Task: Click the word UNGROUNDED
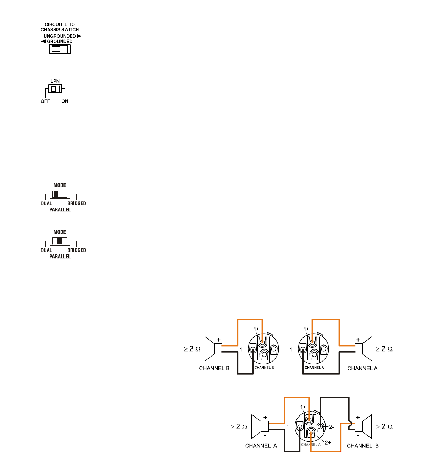pos(60,36)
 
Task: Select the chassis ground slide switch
pos(60,49)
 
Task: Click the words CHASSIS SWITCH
pos(60,29)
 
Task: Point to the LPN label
pos(55,81)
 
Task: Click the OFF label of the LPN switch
pos(45,101)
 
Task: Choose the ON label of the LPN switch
pos(65,101)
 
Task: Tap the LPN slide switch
pos(55,89)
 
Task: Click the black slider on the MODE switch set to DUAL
pos(55,194)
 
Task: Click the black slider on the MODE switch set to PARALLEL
pos(60,241)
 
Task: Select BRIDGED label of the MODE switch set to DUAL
pos(77,204)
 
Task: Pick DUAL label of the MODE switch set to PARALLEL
pos(46,250)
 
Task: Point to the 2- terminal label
pos(332,427)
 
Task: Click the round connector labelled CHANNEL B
pos(263,349)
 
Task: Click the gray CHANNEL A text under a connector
pos(310,445)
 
